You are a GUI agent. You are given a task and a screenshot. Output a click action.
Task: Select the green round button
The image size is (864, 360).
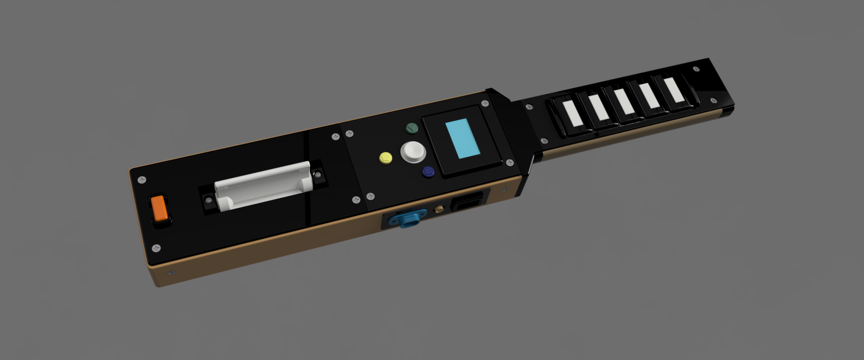coord(412,129)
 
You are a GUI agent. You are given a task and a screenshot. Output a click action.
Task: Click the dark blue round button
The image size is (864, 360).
coord(428,172)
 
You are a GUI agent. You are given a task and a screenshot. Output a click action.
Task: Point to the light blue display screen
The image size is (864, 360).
coord(463,140)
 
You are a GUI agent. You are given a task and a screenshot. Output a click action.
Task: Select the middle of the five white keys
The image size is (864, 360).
coord(623,101)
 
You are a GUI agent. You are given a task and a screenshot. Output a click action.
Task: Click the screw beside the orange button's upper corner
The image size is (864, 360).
coord(143,180)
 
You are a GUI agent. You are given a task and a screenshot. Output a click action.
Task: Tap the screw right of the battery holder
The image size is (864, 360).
coord(317,175)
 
